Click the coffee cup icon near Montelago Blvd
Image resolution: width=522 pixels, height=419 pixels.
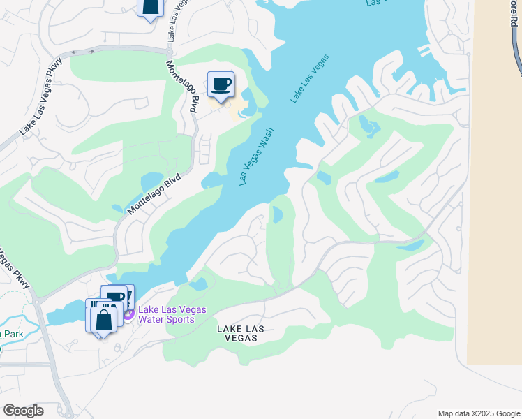click(221, 84)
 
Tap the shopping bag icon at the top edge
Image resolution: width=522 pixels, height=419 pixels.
click(150, 8)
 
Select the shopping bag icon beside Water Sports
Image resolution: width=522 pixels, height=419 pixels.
click(103, 320)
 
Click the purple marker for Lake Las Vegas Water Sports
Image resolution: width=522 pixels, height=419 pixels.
click(128, 315)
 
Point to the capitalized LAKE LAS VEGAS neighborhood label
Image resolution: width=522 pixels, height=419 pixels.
click(237, 332)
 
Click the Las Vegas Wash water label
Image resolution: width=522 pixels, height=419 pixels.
click(255, 156)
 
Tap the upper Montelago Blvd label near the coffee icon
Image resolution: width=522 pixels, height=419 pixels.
click(182, 86)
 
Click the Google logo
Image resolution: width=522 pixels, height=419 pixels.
click(23, 411)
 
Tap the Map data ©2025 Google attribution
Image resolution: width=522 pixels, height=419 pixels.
click(478, 413)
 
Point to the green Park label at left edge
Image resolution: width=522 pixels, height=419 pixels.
click(12, 334)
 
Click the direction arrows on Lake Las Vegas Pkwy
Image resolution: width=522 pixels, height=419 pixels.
click(82, 52)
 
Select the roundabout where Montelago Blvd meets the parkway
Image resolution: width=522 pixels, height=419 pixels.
click(170, 49)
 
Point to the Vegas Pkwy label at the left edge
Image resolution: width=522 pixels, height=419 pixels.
click(15, 269)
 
